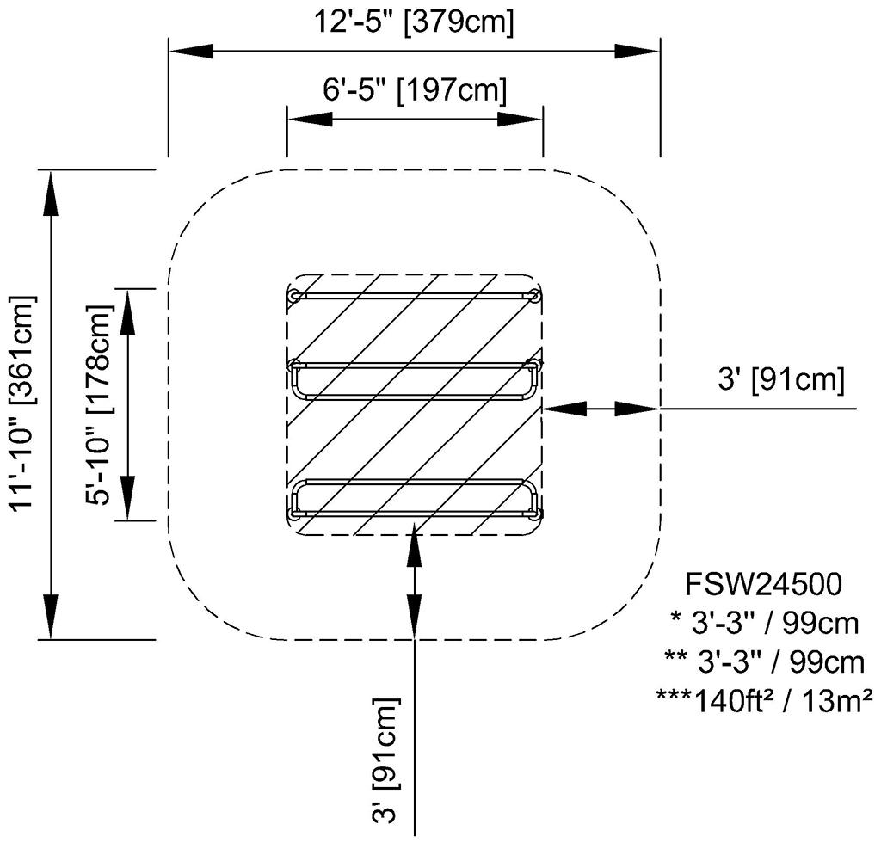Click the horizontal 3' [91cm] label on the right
(x=781, y=379)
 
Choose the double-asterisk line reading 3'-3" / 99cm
(x=764, y=661)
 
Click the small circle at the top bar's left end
(x=295, y=296)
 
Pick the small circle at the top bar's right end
(x=534, y=296)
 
